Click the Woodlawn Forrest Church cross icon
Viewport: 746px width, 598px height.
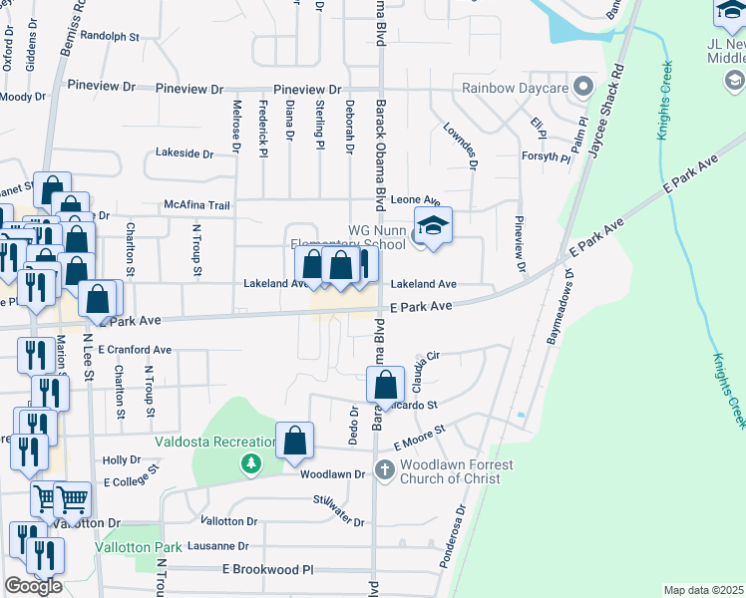pyautogui.click(x=385, y=467)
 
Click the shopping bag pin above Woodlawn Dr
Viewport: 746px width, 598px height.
pyautogui.click(x=295, y=441)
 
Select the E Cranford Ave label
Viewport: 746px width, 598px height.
pyautogui.click(x=135, y=350)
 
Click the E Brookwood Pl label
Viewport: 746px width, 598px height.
pyautogui.click(x=267, y=569)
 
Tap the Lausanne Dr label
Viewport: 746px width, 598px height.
pyautogui.click(x=216, y=546)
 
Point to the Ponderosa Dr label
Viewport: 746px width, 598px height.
pyautogui.click(x=451, y=537)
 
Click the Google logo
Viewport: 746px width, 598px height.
pyautogui.click(x=33, y=585)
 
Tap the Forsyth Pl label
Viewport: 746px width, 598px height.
pyautogui.click(x=546, y=157)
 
